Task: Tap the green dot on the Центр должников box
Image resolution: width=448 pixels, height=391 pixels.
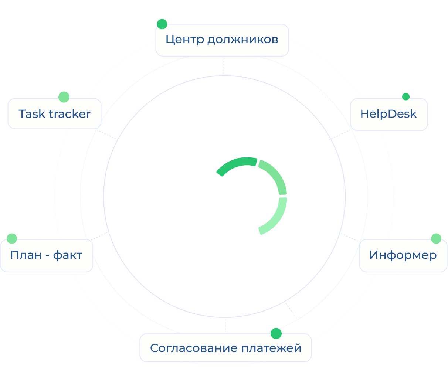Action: point(162,24)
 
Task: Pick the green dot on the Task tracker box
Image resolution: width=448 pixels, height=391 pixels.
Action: point(64,97)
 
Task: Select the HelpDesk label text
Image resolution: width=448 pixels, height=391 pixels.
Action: point(388,114)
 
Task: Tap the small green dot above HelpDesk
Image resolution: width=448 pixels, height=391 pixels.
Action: point(405,97)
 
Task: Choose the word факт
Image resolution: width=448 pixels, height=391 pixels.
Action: point(68,255)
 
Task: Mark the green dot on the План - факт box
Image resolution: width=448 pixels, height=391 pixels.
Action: point(12,238)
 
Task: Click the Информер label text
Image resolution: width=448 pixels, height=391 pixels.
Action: point(403,255)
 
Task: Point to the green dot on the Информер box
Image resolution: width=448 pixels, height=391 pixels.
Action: point(436,238)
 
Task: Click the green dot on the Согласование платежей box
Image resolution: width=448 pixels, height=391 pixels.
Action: point(276,333)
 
